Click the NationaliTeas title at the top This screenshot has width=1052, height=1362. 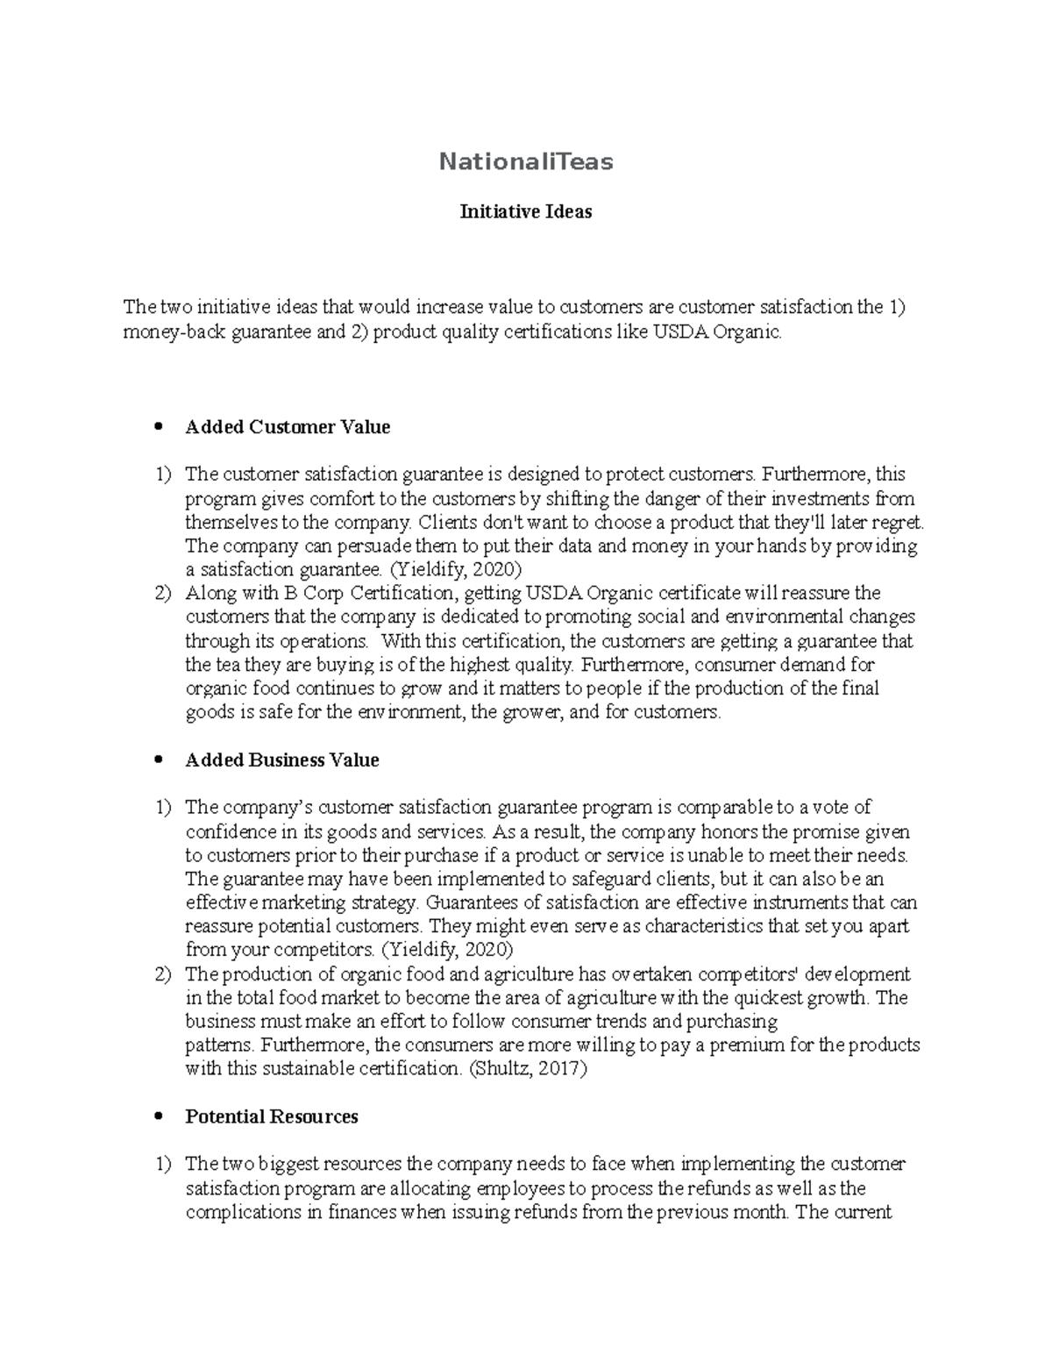(526, 161)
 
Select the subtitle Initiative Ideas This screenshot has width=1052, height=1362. (526, 211)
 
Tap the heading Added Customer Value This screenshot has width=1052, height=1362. (288, 427)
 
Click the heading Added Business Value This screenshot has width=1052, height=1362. (282, 760)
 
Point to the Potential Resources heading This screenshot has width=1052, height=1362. (272, 1116)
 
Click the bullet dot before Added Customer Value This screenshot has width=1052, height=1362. (159, 428)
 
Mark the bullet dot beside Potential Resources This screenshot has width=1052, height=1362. (159, 1117)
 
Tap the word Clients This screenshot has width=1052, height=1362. (444, 523)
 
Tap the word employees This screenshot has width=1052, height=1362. (520, 1188)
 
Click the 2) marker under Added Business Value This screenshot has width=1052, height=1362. (163, 974)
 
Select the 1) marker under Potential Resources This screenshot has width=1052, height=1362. (163, 1165)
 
